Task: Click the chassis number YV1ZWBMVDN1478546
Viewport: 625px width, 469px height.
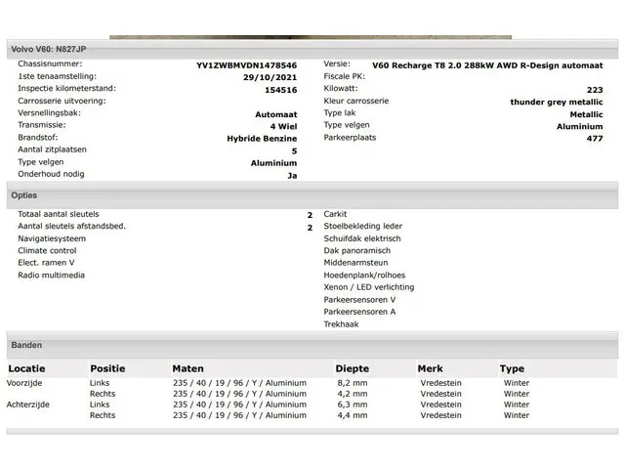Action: click(x=246, y=65)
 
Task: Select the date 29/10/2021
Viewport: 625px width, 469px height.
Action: click(x=270, y=77)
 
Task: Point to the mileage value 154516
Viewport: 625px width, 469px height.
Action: click(x=280, y=90)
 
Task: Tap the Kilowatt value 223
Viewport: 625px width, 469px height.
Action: click(x=595, y=90)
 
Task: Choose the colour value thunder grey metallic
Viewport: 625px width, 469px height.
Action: click(x=556, y=102)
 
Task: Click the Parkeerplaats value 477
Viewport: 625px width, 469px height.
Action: click(x=595, y=139)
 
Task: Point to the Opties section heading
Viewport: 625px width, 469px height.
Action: click(x=24, y=195)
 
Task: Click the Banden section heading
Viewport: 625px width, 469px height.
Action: click(x=26, y=345)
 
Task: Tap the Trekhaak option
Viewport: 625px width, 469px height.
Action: click(x=342, y=324)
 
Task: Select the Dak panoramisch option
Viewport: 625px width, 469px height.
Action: click(x=356, y=251)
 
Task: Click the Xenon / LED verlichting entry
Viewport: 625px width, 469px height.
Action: click(x=369, y=287)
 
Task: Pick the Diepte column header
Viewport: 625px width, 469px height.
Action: click(x=353, y=368)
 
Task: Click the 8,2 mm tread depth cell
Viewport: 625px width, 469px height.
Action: click(x=352, y=383)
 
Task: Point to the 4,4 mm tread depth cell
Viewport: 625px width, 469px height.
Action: click(x=352, y=415)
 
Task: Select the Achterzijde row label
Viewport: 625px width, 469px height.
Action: click(x=28, y=405)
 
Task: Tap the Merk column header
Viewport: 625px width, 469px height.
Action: click(x=430, y=368)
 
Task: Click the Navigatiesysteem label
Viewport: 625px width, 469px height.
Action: click(x=51, y=238)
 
